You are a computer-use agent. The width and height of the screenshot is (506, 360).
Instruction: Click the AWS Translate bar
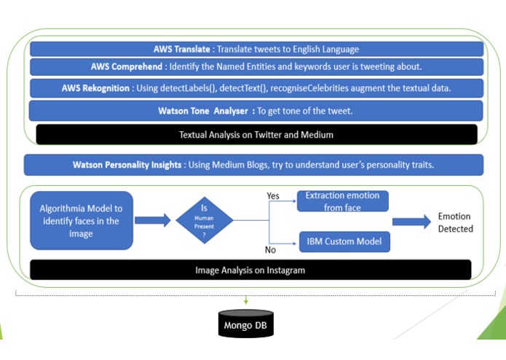(x=256, y=50)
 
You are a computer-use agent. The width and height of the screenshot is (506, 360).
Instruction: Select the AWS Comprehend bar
(x=256, y=67)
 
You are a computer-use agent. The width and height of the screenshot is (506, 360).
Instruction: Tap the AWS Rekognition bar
(x=256, y=88)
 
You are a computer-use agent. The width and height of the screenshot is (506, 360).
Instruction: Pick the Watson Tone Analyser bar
(x=256, y=111)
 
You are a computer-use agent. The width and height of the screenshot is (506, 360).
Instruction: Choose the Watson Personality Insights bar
(x=253, y=165)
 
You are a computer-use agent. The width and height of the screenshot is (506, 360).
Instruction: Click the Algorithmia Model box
(x=81, y=219)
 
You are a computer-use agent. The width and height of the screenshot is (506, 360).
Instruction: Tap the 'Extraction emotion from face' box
(x=343, y=202)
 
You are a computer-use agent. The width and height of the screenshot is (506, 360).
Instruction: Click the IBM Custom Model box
(x=344, y=241)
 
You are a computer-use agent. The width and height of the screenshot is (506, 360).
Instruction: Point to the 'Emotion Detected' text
(x=455, y=223)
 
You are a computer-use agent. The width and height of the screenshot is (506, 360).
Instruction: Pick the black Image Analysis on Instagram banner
(x=250, y=270)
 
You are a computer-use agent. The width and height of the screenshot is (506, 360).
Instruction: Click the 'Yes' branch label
(x=274, y=196)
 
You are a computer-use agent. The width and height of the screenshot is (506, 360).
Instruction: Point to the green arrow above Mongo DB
(x=247, y=299)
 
